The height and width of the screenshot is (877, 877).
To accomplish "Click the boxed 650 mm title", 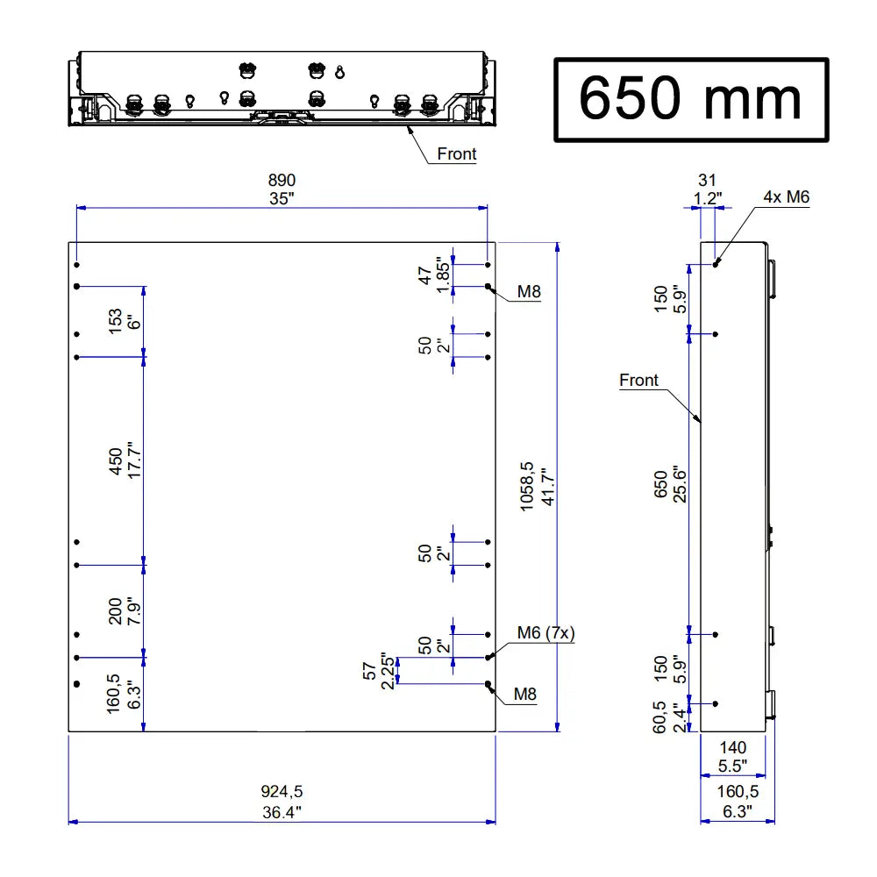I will click(690, 99).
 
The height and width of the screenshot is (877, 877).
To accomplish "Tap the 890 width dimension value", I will click(282, 180).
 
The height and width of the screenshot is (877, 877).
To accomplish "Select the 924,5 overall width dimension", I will click(282, 791).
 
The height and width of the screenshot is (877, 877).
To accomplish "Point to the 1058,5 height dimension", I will click(526, 488).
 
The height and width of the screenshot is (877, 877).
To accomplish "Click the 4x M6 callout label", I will click(786, 197).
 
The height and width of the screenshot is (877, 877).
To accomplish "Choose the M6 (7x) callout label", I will click(545, 633).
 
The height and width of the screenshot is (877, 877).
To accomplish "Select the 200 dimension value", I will click(115, 610).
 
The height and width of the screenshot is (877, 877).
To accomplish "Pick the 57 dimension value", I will click(370, 671).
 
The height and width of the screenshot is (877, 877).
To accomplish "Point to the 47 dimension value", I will click(426, 274).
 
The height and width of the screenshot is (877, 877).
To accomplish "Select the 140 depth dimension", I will click(732, 747).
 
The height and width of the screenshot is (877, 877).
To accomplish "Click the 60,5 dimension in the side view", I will click(660, 716).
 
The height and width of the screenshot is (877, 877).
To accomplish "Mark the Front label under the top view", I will click(457, 154).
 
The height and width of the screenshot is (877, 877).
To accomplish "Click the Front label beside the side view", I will click(638, 380).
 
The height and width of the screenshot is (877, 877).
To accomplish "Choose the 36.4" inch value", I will click(282, 811).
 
